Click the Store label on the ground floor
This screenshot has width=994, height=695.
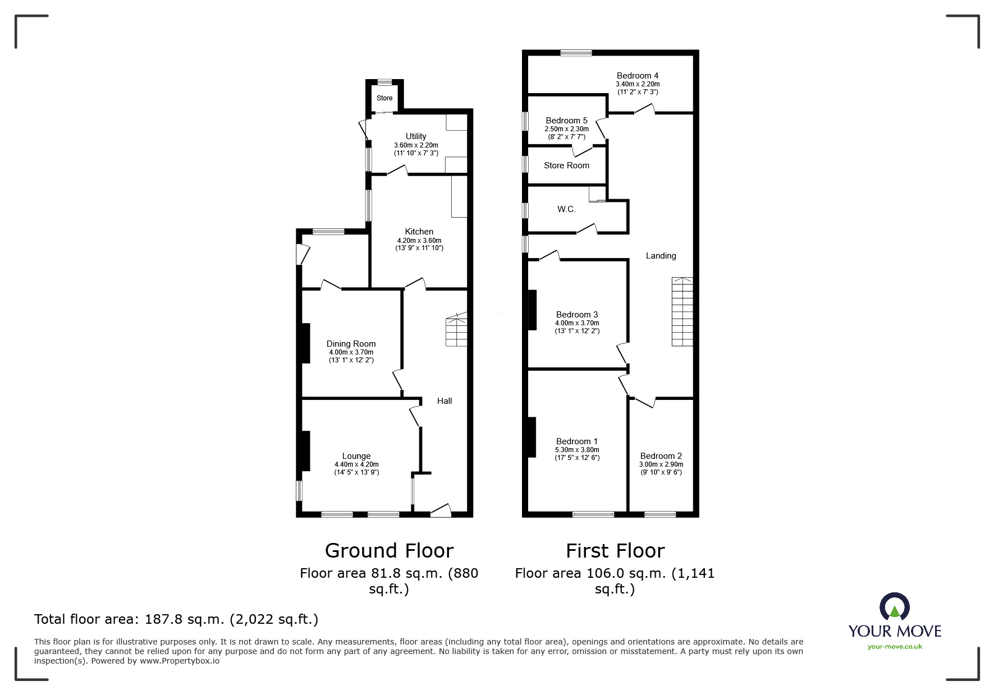tap(384, 98)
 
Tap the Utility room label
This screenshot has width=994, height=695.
tap(416, 136)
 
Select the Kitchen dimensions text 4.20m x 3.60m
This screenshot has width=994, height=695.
tap(419, 240)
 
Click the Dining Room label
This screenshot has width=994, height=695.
tap(351, 344)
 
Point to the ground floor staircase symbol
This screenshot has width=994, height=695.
tap(456, 330)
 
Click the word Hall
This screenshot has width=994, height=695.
tap(445, 401)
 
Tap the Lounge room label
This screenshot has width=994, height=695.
tap(356, 456)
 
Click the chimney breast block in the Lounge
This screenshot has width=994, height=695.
tap(305, 450)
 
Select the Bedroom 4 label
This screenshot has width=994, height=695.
tap(637, 76)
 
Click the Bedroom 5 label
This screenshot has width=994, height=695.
tap(566, 121)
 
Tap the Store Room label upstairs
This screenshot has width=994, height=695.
tap(566, 165)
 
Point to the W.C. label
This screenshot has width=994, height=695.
tap(566, 209)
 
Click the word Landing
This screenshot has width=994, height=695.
tap(661, 256)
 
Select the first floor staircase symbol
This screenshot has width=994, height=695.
tap(682, 312)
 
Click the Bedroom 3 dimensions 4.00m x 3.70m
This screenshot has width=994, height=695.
tap(577, 323)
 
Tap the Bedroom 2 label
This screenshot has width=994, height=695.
tap(661, 456)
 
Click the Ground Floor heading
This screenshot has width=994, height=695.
tap(389, 551)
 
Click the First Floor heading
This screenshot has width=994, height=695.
tap(615, 551)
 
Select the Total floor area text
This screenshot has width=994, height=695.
tap(176, 619)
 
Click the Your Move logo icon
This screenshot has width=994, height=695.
tap(894, 607)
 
